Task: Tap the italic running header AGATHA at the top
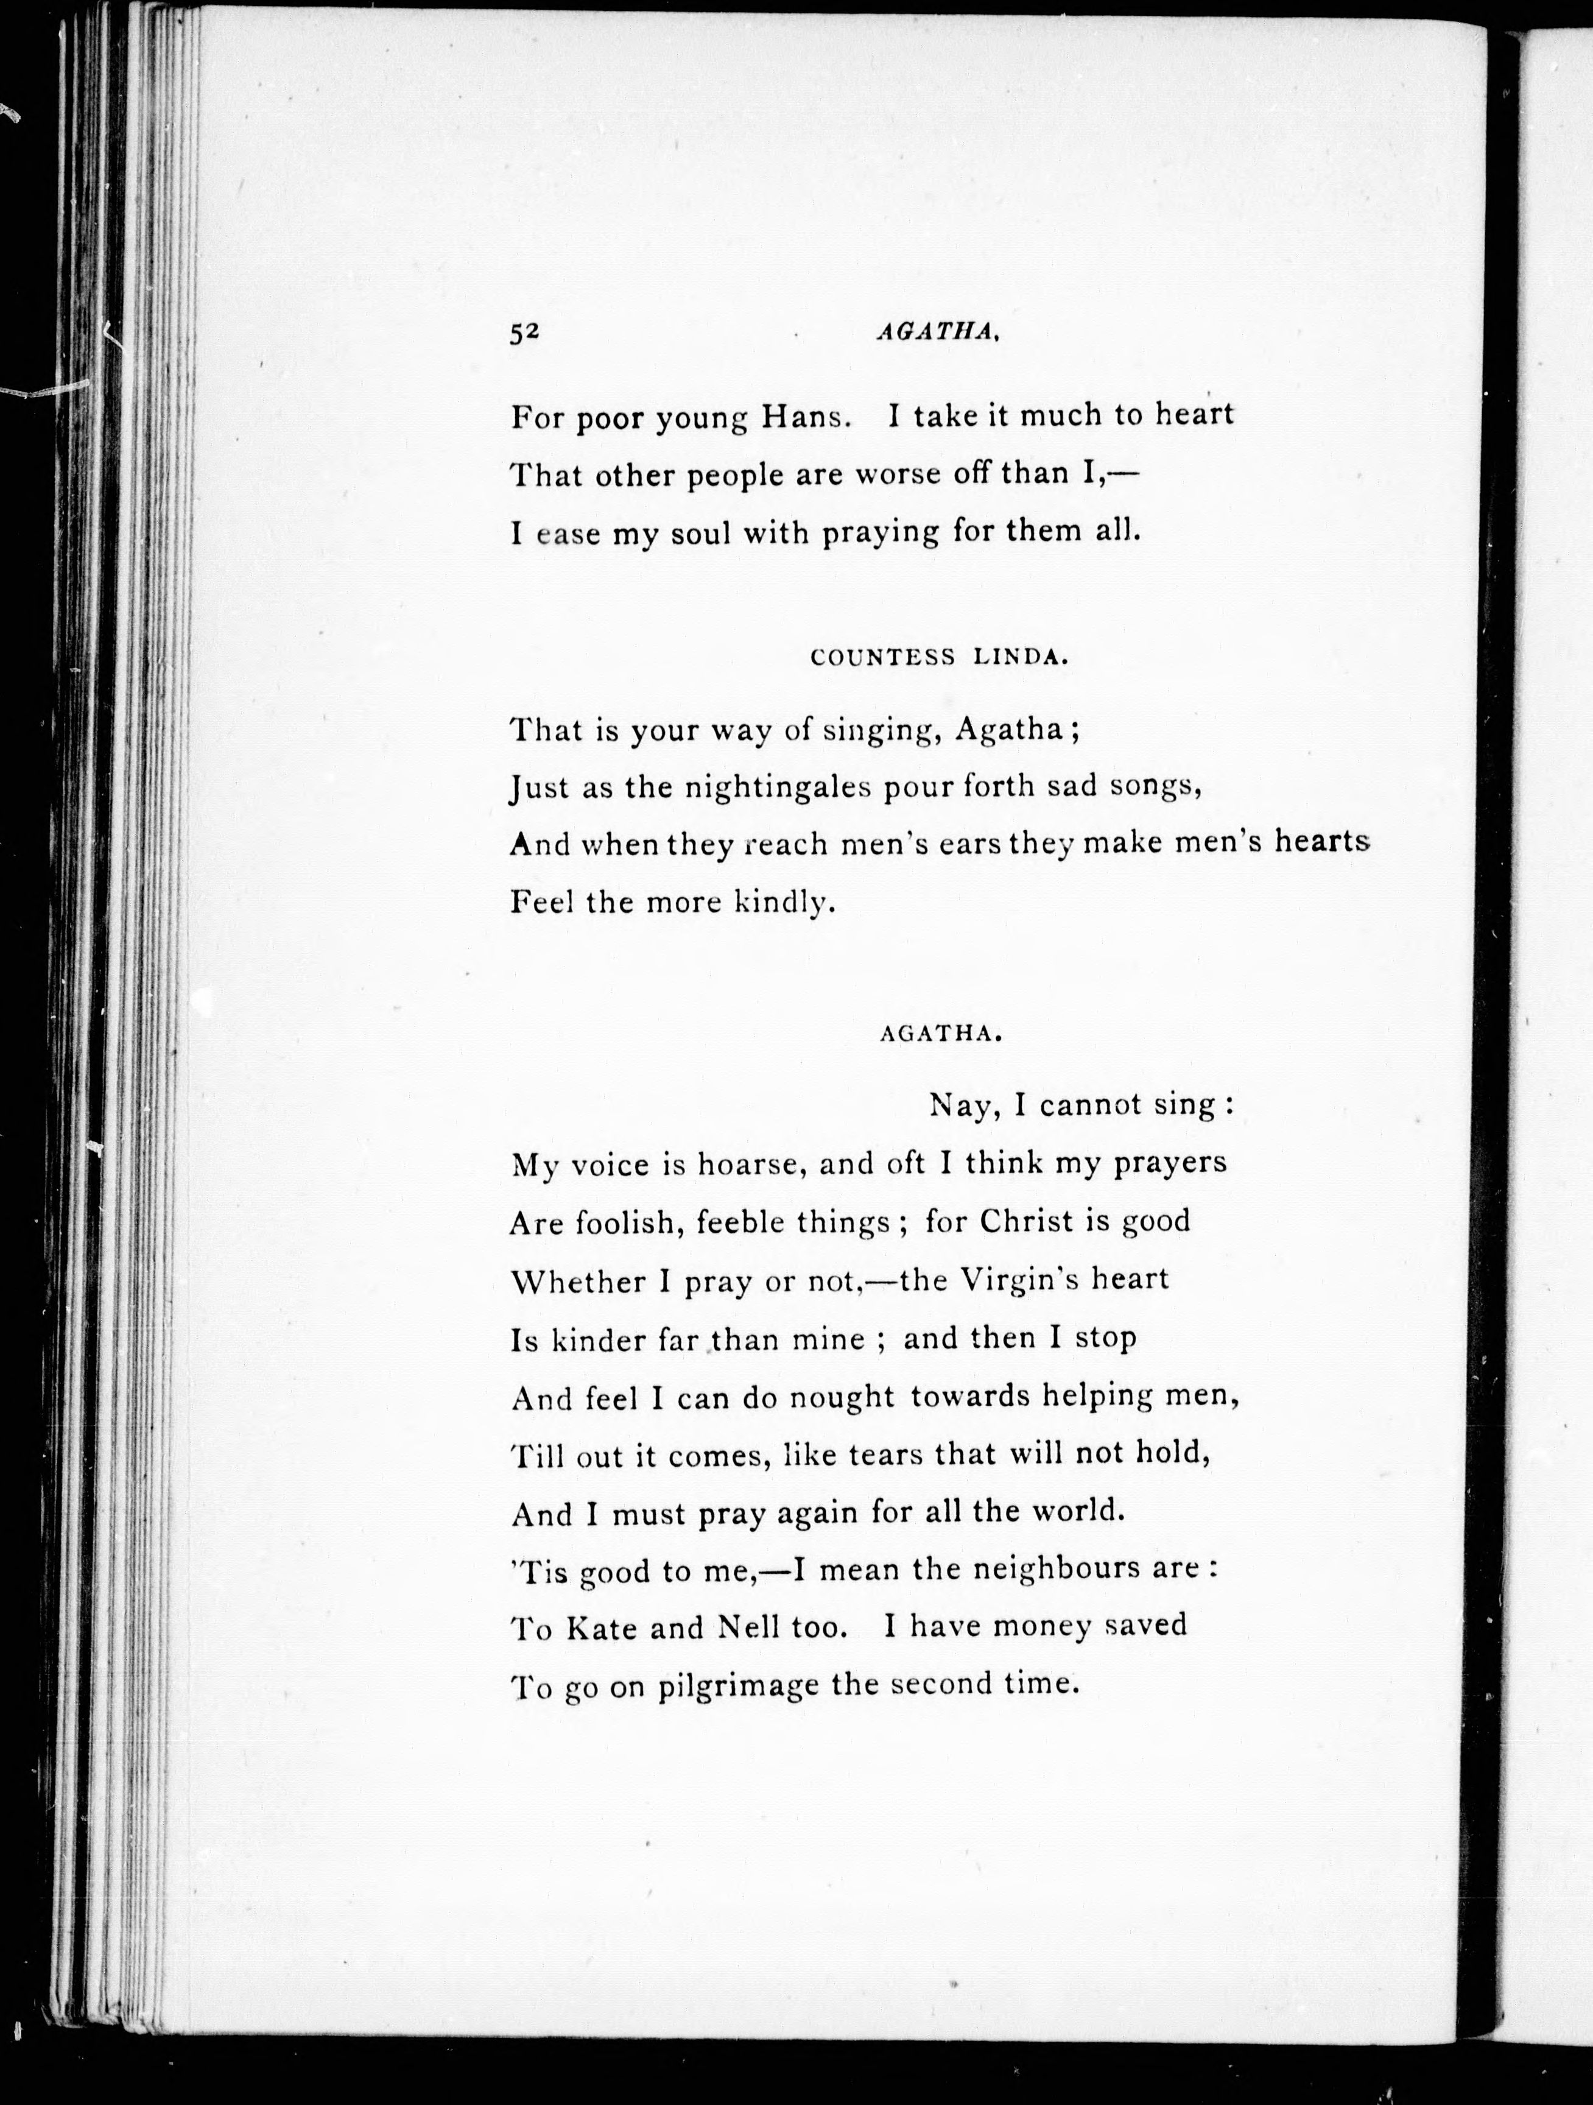(x=935, y=331)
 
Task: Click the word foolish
(x=626, y=1223)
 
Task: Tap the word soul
(x=702, y=533)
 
